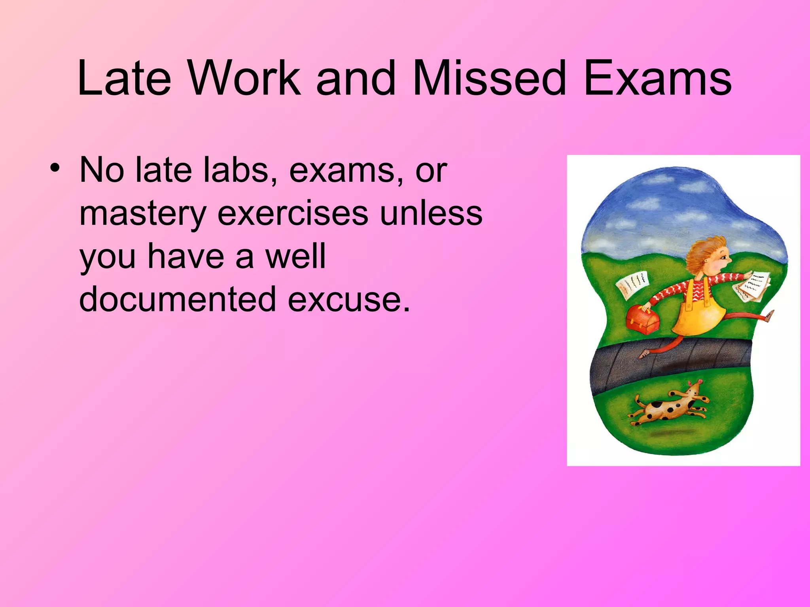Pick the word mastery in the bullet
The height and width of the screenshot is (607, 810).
click(x=143, y=214)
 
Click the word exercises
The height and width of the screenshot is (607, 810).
click(x=293, y=213)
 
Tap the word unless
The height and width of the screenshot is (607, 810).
click(x=431, y=213)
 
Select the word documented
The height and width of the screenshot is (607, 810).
click(x=177, y=299)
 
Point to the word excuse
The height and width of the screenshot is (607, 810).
click(x=348, y=299)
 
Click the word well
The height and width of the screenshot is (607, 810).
click(x=296, y=256)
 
